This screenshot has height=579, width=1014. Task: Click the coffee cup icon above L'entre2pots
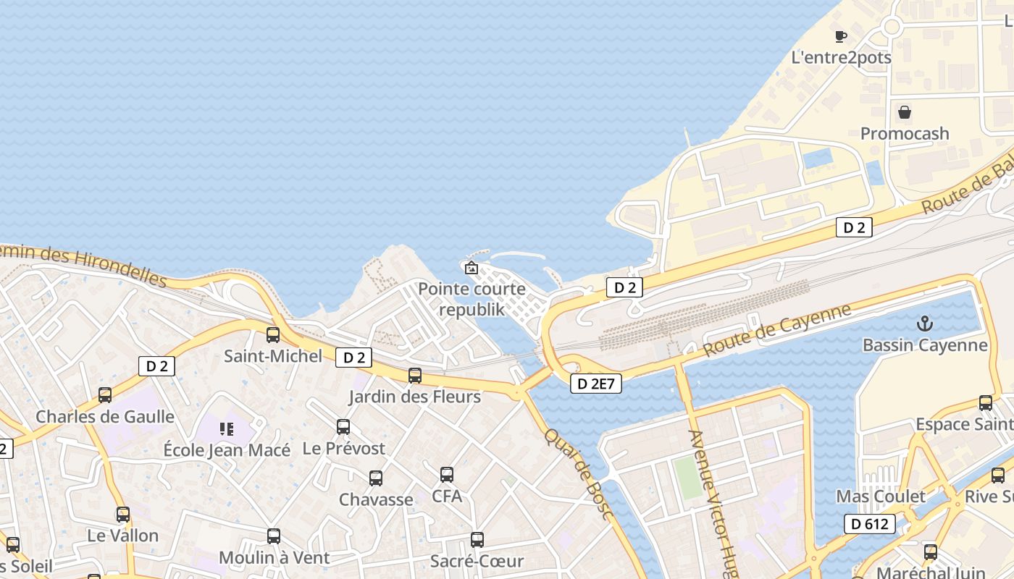click(x=840, y=36)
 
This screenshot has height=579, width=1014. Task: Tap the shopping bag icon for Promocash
click(x=905, y=112)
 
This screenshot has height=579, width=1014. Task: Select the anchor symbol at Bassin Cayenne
click(x=925, y=324)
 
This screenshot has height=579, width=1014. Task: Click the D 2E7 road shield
click(x=596, y=384)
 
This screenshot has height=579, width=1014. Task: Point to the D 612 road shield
click(x=870, y=523)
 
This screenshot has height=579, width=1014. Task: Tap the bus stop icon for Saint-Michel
click(x=273, y=334)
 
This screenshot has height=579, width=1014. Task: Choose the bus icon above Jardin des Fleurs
click(x=415, y=376)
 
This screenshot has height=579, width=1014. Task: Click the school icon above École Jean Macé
click(x=227, y=429)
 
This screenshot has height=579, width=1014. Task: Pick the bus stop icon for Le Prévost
click(x=343, y=427)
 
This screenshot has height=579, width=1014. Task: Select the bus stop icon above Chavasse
click(x=376, y=478)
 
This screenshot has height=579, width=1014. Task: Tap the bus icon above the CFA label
click(x=447, y=475)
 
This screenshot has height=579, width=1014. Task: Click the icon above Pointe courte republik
click(x=472, y=268)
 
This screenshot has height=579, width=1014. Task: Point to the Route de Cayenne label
click(x=777, y=330)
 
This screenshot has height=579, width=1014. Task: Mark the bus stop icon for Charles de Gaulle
click(x=105, y=395)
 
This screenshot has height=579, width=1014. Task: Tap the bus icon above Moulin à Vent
click(x=274, y=536)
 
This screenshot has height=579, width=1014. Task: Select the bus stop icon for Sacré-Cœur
click(x=477, y=540)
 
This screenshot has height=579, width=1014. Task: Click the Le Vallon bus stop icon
click(x=123, y=515)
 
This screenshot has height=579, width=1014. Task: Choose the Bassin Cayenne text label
click(x=925, y=345)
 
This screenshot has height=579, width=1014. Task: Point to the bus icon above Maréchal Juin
click(x=931, y=552)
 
